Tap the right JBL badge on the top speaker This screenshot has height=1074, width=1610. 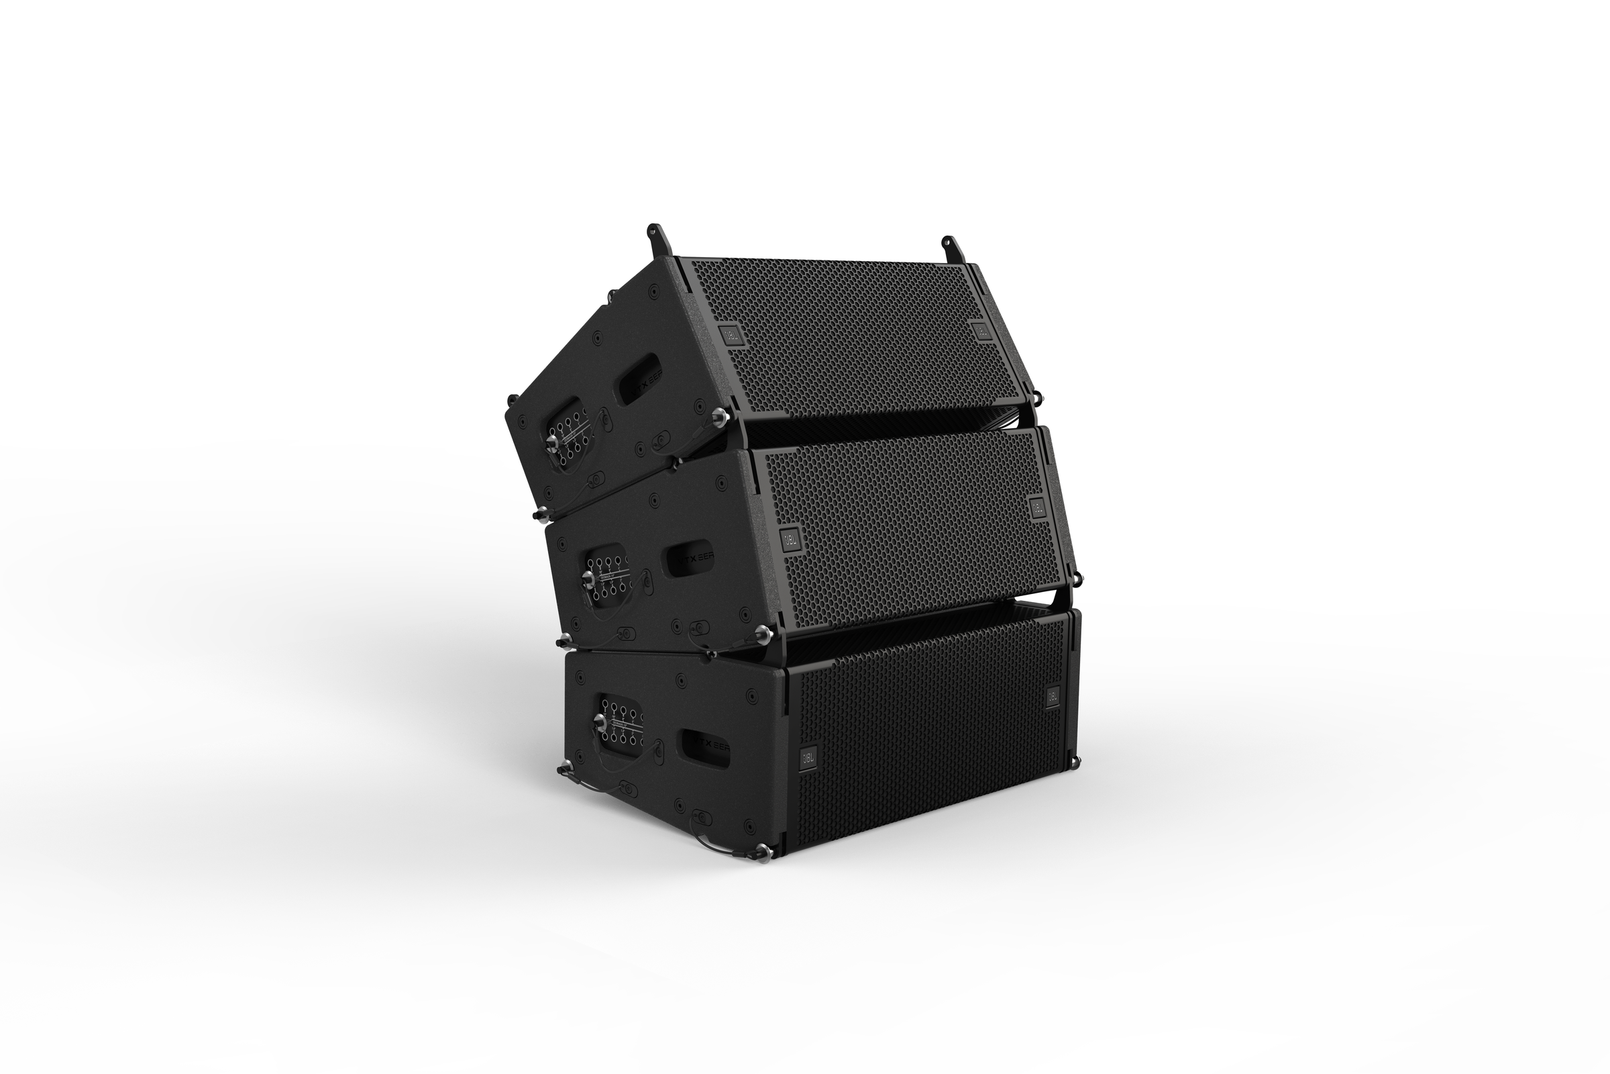pyautogui.click(x=981, y=331)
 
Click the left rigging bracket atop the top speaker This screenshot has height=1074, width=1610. pyautogui.click(x=657, y=238)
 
